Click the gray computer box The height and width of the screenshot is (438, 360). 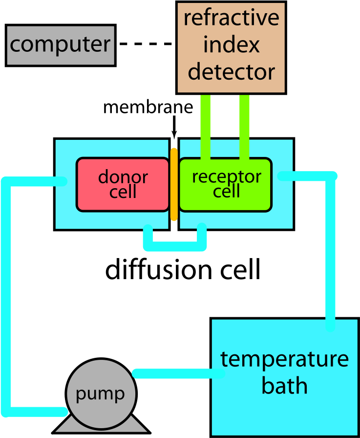(x=60, y=45)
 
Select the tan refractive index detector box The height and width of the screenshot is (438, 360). (x=231, y=47)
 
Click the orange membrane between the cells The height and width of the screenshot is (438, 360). (x=174, y=184)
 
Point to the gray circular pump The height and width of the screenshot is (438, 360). (x=100, y=391)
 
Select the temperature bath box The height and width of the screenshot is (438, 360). (x=284, y=376)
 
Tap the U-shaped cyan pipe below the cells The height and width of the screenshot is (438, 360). (x=174, y=244)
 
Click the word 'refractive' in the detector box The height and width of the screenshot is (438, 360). (x=231, y=19)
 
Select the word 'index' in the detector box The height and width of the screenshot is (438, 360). (x=231, y=45)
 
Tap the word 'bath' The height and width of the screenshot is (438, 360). (x=284, y=386)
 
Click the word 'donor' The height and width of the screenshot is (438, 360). (x=123, y=176)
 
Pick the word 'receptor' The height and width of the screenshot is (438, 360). (x=226, y=176)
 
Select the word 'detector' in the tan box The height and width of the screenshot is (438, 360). (x=231, y=72)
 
